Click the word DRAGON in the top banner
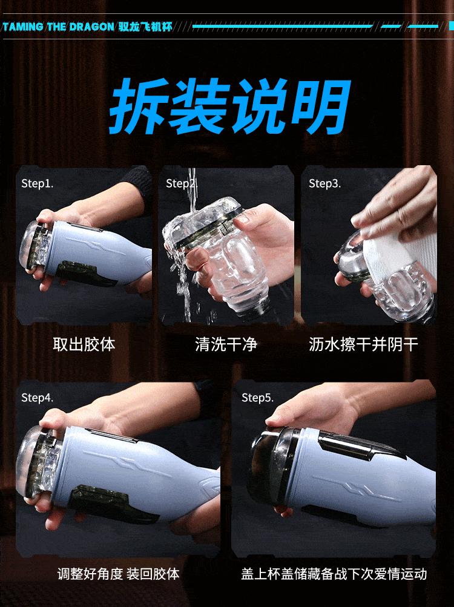click(92, 27)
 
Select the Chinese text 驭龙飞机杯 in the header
click(145, 27)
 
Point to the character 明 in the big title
click(321, 106)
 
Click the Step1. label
click(37, 183)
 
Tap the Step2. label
click(182, 183)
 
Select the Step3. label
click(324, 183)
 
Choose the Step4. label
click(37, 398)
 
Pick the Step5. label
click(258, 398)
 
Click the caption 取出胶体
click(84, 344)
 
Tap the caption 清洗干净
click(226, 344)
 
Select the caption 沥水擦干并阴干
click(363, 344)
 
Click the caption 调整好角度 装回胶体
click(119, 574)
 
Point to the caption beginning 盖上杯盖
click(334, 574)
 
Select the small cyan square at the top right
click(451, 26)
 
